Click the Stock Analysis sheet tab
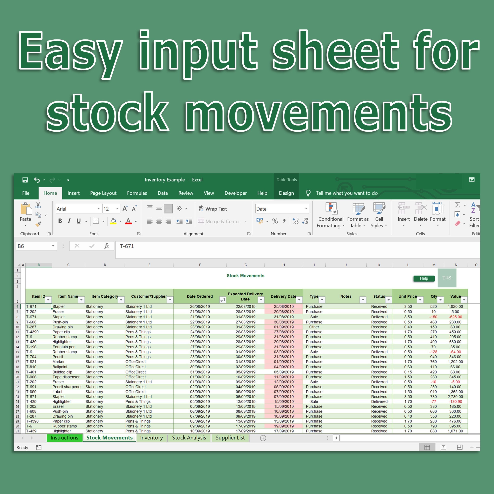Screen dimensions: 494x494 click(x=189, y=438)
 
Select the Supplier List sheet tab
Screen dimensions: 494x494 click(x=230, y=438)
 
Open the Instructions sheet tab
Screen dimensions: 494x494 click(x=64, y=438)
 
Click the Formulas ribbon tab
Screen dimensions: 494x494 click(x=137, y=193)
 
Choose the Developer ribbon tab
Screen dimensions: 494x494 click(x=235, y=193)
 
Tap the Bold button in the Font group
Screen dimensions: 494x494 click(x=60, y=221)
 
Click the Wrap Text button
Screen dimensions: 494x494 click(x=213, y=209)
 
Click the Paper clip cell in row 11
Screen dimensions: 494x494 click(x=61, y=332)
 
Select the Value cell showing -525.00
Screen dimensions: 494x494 click(x=455, y=317)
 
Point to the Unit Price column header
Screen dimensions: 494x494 click(x=407, y=296)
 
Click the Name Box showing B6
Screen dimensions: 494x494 click(x=33, y=246)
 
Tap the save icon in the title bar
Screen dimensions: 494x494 click(x=25, y=180)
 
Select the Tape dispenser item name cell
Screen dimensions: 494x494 click(x=66, y=377)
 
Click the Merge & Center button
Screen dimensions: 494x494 click(x=219, y=222)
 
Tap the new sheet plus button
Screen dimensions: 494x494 click(x=263, y=438)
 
